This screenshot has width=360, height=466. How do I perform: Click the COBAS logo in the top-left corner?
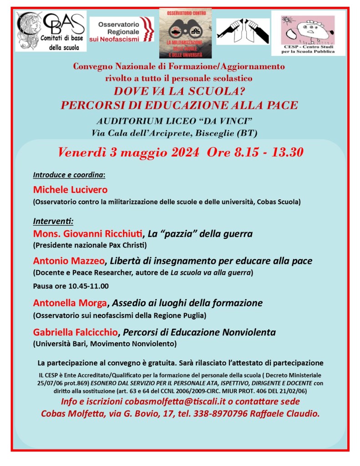click(x=51, y=31)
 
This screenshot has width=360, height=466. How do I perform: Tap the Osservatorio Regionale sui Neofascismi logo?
click(x=122, y=30)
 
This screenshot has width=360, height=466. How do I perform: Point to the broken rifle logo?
click(x=242, y=31)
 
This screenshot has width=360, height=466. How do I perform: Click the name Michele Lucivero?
click(x=71, y=189)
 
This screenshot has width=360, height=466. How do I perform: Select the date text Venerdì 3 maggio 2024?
click(x=128, y=152)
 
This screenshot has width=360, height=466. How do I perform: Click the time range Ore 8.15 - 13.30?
click(x=255, y=152)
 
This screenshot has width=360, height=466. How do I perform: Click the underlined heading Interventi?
click(x=53, y=221)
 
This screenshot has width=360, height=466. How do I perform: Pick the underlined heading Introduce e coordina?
click(x=69, y=175)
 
